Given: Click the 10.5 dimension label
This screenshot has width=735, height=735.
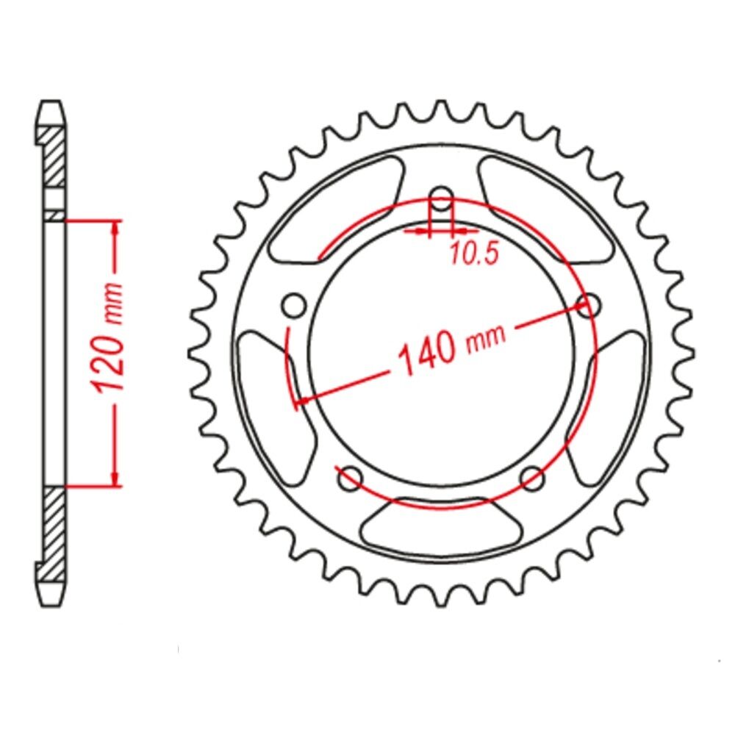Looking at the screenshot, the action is point(473,254).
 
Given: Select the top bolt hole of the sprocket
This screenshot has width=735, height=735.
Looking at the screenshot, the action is point(440,198).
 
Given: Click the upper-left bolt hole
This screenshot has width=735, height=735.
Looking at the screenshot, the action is point(294,306).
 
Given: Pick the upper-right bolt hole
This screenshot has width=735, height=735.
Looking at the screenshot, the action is point(589,306).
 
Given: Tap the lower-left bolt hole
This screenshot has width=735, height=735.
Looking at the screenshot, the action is point(350,478).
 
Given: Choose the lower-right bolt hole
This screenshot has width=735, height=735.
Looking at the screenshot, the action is point(532,478).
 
